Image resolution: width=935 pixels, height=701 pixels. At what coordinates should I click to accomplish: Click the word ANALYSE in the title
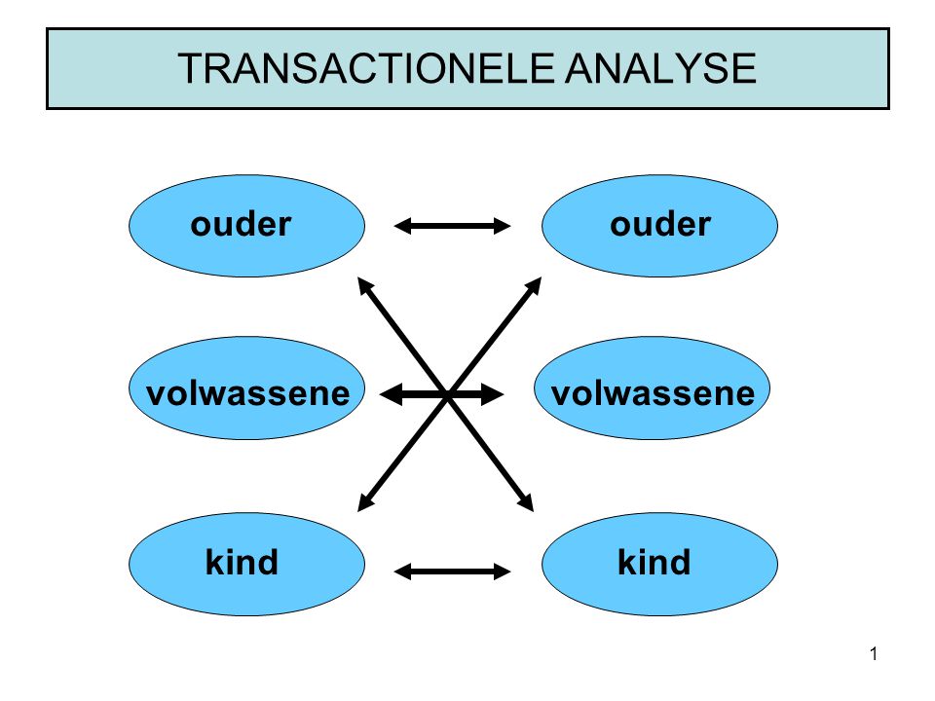tap(660, 68)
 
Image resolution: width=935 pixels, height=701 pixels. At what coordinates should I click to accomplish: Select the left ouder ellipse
tap(246, 226)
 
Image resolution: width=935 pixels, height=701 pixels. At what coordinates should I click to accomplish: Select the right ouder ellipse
tap(659, 226)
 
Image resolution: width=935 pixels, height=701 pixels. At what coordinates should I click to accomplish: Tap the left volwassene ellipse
tap(246, 388)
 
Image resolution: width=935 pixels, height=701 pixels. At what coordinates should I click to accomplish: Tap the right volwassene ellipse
tap(652, 388)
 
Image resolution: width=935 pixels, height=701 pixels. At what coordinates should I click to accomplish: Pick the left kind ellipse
tap(246, 564)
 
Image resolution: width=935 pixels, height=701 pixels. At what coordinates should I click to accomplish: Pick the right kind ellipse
tap(659, 564)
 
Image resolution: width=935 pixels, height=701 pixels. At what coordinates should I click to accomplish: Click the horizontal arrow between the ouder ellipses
tap(452, 226)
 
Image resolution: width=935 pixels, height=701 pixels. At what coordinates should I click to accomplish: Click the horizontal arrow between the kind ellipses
tap(452, 572)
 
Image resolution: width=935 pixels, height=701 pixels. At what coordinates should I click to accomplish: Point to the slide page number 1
tap(874, 654)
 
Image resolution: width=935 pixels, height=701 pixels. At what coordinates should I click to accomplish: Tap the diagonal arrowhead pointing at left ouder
tap(365, 286)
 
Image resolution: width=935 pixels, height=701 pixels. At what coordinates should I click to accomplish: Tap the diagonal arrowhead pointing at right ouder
tap(533, 286)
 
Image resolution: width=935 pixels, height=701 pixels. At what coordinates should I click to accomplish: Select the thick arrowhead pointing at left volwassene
tap(391, 394)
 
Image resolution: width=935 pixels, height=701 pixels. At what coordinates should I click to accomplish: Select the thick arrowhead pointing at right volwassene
tap(493, 394)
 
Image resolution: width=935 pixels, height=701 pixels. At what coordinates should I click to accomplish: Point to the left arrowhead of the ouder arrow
tap(402, 226)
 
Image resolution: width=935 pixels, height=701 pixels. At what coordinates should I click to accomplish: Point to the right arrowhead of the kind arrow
tap(503, 572)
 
